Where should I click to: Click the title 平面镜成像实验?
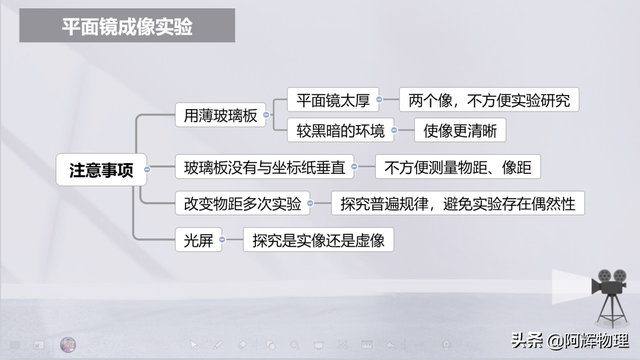click(x=127, y=29)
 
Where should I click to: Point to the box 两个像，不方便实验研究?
click(x=489, y=100)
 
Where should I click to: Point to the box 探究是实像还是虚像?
click(x=319, y=239)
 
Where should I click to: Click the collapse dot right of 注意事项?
click(x=147, y=168)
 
